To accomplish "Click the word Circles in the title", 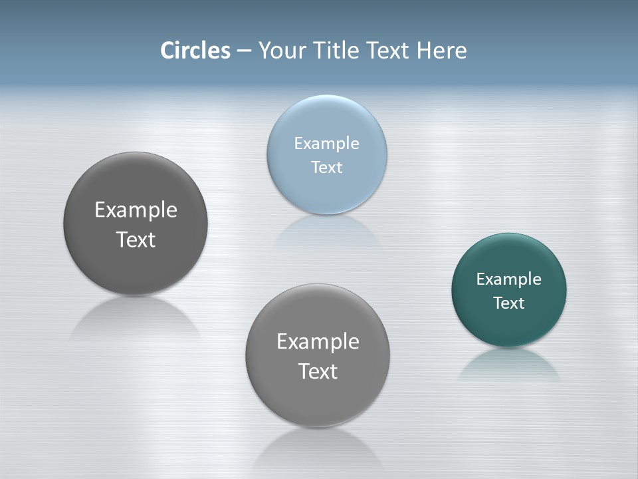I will click(195, 51).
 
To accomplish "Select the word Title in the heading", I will click(338, 51).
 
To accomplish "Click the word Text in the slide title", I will click(389, 51).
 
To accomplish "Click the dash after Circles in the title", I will click(244, 51).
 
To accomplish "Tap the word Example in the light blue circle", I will click(327, 144).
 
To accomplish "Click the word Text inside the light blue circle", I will click(327, 167).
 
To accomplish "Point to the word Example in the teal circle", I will click(509, 279).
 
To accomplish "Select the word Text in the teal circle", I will click(509, 303).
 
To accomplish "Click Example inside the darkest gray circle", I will click(136, 210).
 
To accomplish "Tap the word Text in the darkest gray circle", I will click(136, 239).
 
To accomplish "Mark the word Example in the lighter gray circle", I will click(318, 342).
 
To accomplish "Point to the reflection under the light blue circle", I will click(327, 230).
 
